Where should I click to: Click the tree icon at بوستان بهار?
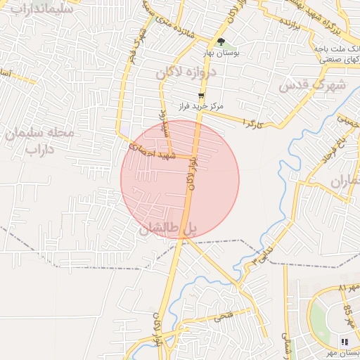point(221,42)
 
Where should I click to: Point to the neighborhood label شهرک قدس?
point(304,85)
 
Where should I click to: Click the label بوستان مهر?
point(343,353)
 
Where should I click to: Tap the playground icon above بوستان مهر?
point(344,342)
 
